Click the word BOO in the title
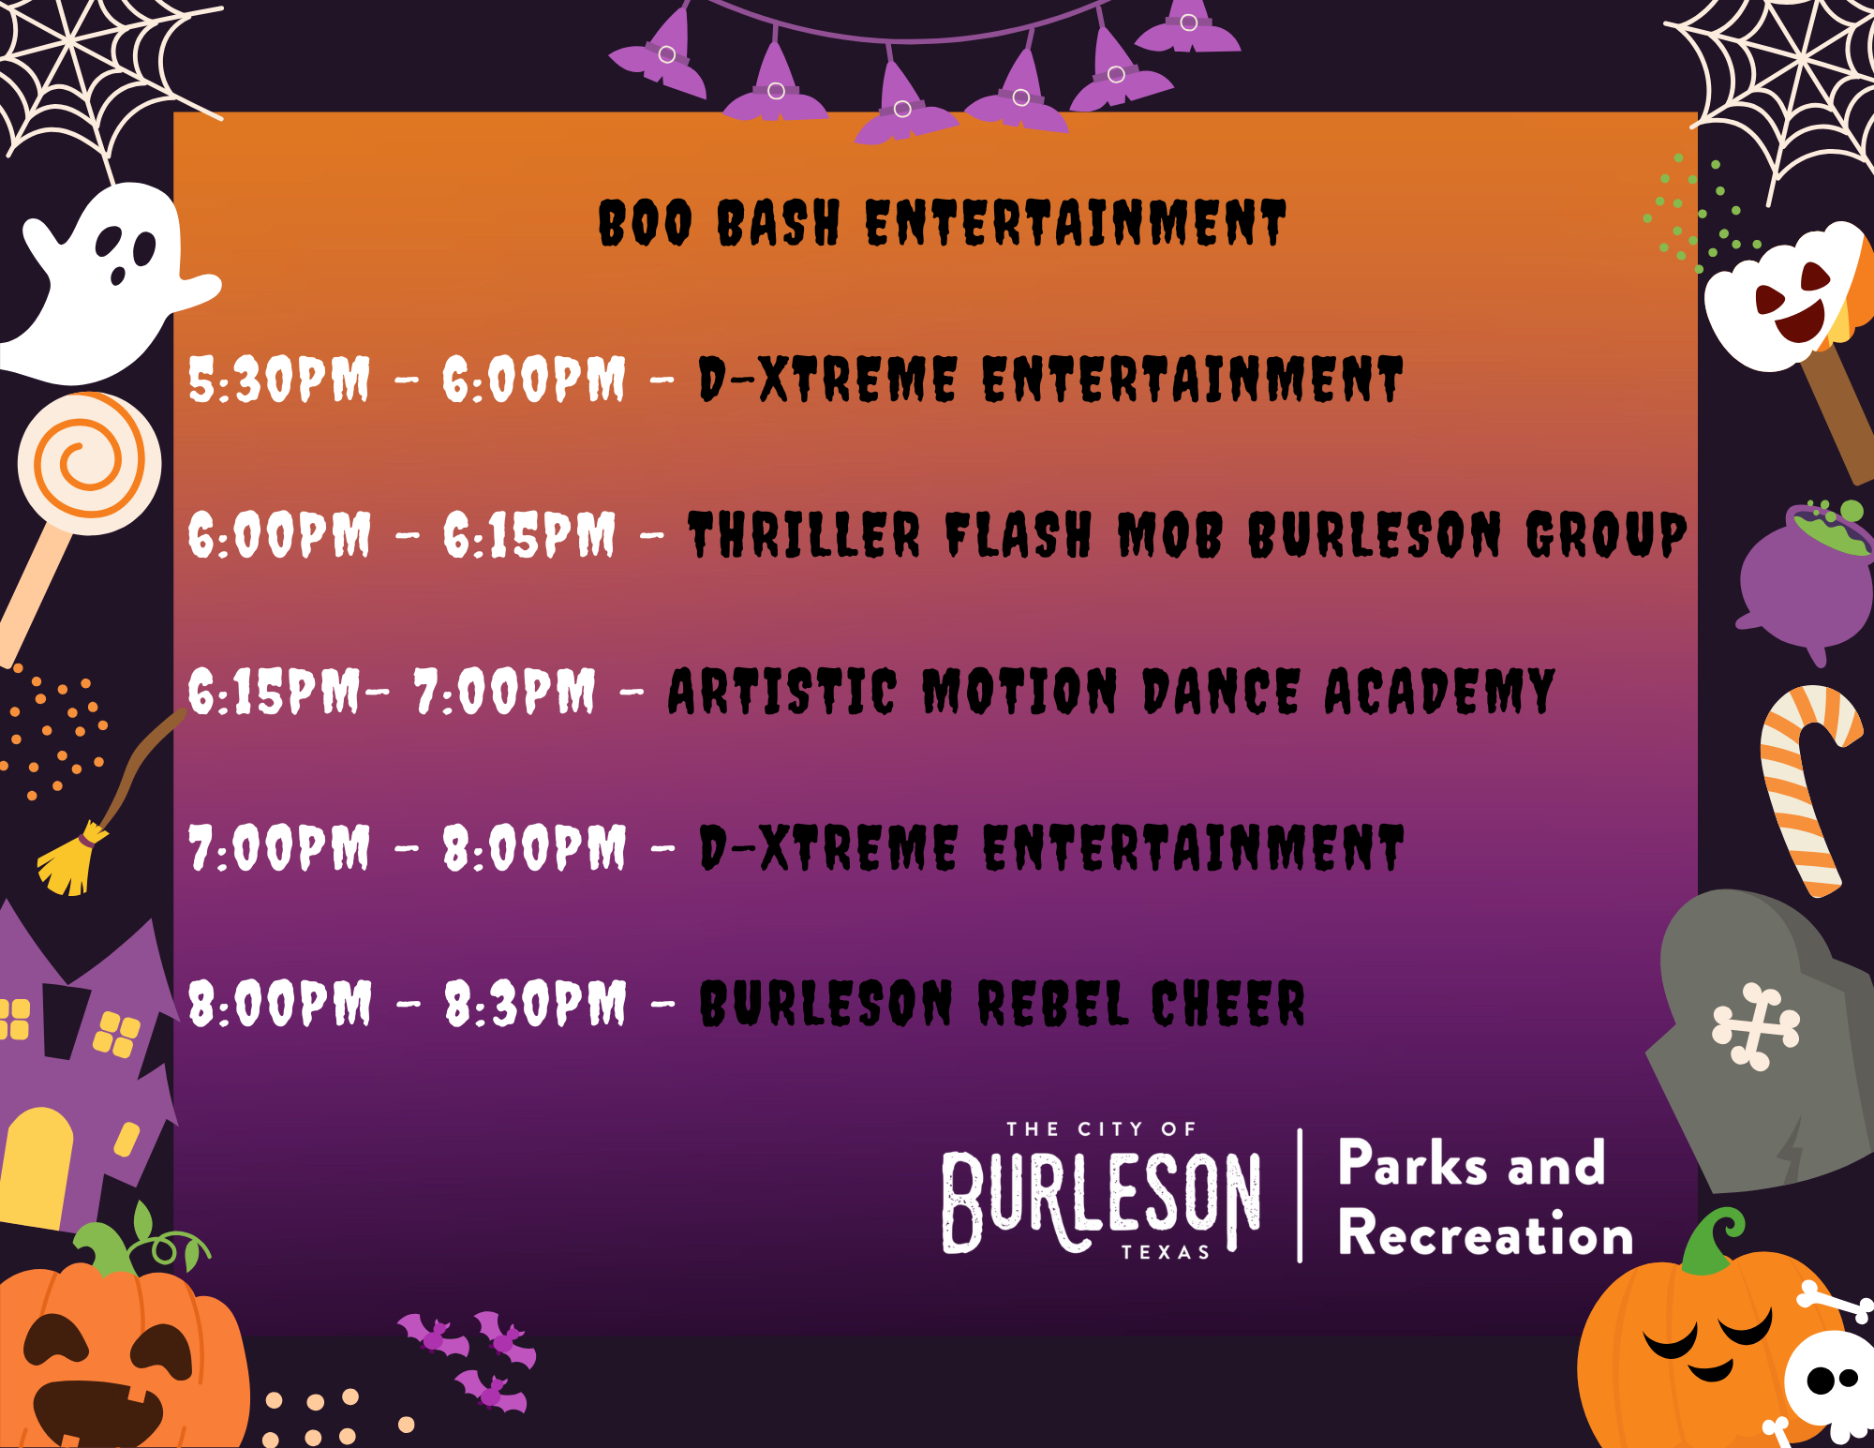[645, 223]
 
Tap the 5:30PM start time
[279, 380]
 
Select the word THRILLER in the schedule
[804, 535]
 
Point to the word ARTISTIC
[781, 692]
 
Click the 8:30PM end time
[534, 1004]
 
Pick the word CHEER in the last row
[1227, 1004]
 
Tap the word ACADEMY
[1439, 692]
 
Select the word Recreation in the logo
[1485, 1233]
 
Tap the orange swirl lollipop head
[89, 463]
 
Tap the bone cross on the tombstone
[1755, 1026]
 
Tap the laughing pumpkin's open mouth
[98, 1411]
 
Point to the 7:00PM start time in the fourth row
[279, 848]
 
